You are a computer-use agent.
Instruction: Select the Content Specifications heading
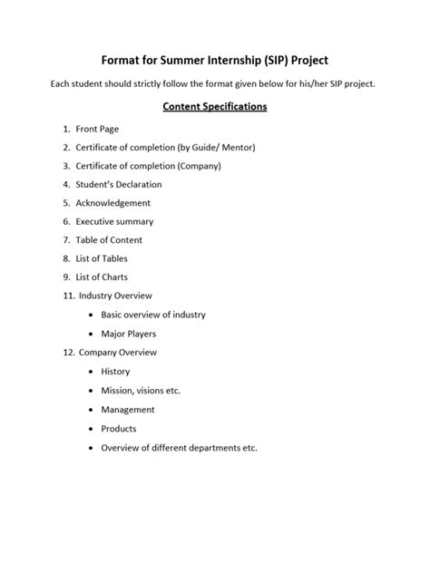click(x=214, y=106)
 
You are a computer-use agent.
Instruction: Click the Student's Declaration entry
click(x=119, y=185)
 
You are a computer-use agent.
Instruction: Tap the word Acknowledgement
click(x=113, y=203)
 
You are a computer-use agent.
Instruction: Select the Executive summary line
click(x=114, y=221)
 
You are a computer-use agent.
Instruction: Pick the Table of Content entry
click(x=109, y=240)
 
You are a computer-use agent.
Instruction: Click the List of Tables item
click(x=103, y=258)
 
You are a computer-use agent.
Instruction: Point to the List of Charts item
click(x=103, y=277)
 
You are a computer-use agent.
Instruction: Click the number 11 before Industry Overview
click(x=68, y=296)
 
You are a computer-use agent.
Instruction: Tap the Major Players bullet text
click(x=131, y=334)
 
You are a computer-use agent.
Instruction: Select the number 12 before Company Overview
click(x=68, y=352)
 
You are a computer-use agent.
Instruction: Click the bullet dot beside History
click(x=91, y=372)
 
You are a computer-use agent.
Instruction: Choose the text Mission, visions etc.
click(x=141, y=390)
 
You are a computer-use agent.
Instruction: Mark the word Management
click(x=128, y=410)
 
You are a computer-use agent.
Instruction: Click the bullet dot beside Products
click(x=91, y=429)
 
